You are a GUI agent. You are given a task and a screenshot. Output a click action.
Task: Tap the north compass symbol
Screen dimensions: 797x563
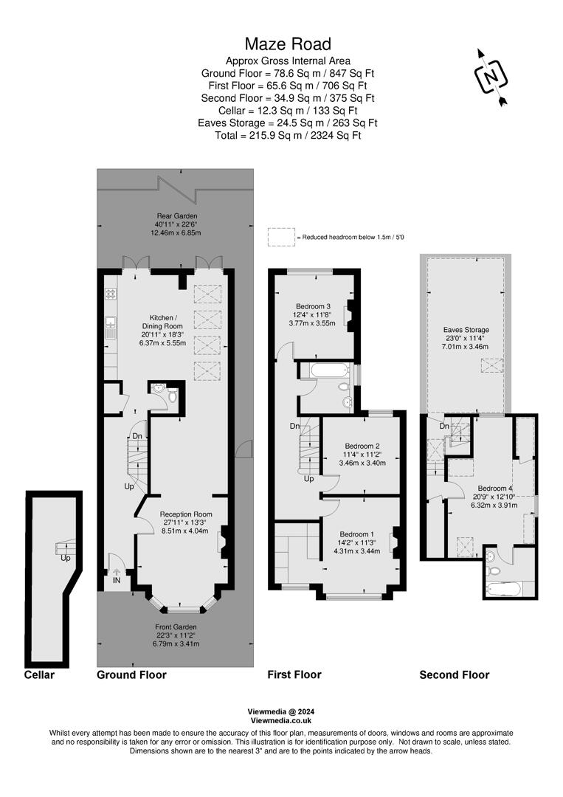point(490,77)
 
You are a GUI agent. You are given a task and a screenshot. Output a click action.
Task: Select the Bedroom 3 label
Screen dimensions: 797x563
point(313,306)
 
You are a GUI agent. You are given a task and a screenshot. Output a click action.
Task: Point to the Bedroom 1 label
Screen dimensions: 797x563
point(357,534)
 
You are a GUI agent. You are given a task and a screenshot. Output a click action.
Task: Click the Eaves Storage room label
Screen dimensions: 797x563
point(466,330)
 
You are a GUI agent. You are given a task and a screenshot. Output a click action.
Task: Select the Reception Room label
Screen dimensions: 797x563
point(186,514)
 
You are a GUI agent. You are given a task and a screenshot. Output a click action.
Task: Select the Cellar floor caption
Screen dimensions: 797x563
point(39,674)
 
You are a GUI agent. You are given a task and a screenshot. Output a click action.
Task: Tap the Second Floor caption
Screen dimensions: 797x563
point(454,674)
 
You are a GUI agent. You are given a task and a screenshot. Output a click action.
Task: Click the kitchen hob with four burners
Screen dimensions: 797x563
point(111,293)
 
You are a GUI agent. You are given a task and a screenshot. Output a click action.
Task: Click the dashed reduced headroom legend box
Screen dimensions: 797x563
point(280,237)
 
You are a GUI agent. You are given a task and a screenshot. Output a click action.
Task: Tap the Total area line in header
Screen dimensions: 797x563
point(287,136)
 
